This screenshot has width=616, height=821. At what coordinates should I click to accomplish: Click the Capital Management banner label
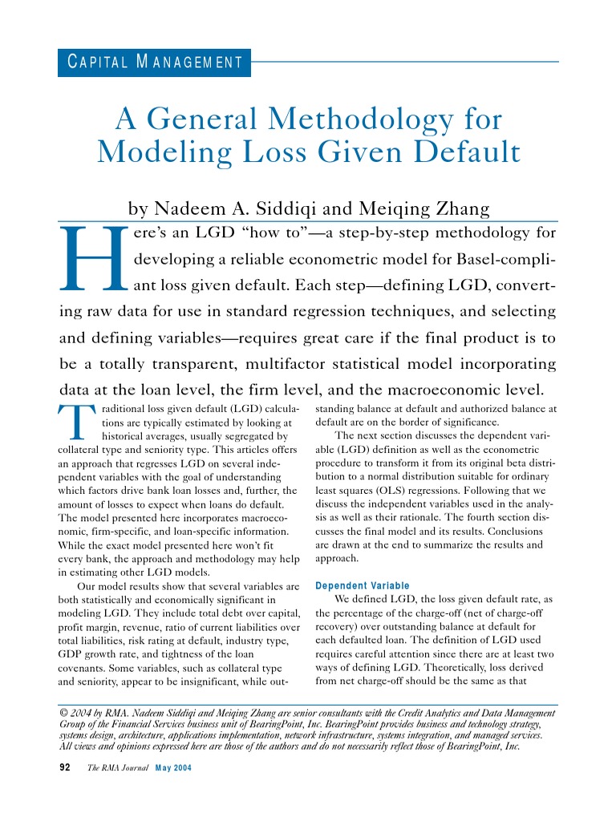[x=154, y=62]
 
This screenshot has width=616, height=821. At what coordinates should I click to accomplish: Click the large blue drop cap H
[x=94, y=257]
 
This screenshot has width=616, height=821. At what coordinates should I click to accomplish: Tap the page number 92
[x=67, y=767]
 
